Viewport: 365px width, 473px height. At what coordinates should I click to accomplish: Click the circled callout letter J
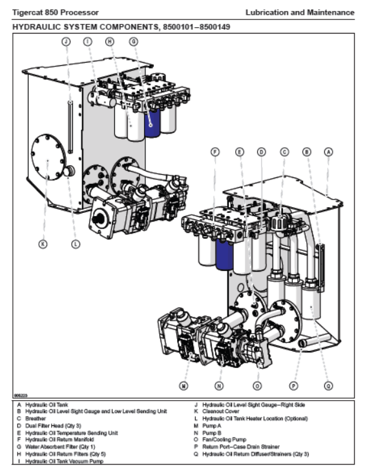(x=66, y=41)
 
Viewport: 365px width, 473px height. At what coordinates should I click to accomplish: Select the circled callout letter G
(x=134, y=41)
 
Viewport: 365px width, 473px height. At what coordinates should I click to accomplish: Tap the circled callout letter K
(x=43, y=244)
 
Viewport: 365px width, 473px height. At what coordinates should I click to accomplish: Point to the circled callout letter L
(x=76, y=244)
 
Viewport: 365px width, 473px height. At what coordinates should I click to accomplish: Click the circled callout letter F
(x=215, y=152)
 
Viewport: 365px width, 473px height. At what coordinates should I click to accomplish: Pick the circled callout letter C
(x=284, y=152)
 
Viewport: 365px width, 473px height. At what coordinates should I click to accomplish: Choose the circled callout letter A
(x=329, y=152)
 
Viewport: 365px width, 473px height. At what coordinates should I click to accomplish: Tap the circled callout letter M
(x=183, y=385)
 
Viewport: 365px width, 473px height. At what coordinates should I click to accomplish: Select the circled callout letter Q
(x=328, y=385)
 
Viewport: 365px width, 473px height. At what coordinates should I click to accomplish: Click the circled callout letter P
(x=293, y=385)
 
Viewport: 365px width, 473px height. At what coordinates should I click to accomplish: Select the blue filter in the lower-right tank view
(x=225, y=254)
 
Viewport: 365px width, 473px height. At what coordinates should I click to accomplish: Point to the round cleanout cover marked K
(x=48, y=157)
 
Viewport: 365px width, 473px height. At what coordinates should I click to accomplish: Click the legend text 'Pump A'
(x=212, y=426)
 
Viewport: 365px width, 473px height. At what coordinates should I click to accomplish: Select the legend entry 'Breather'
(x=36, y=418)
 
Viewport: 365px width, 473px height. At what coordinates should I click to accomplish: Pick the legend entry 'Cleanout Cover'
(x=221, y=411)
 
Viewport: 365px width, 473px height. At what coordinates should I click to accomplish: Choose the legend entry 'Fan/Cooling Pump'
(x=224, y=439)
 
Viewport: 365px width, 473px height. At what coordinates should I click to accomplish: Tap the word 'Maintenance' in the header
(x=331, y=13)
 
